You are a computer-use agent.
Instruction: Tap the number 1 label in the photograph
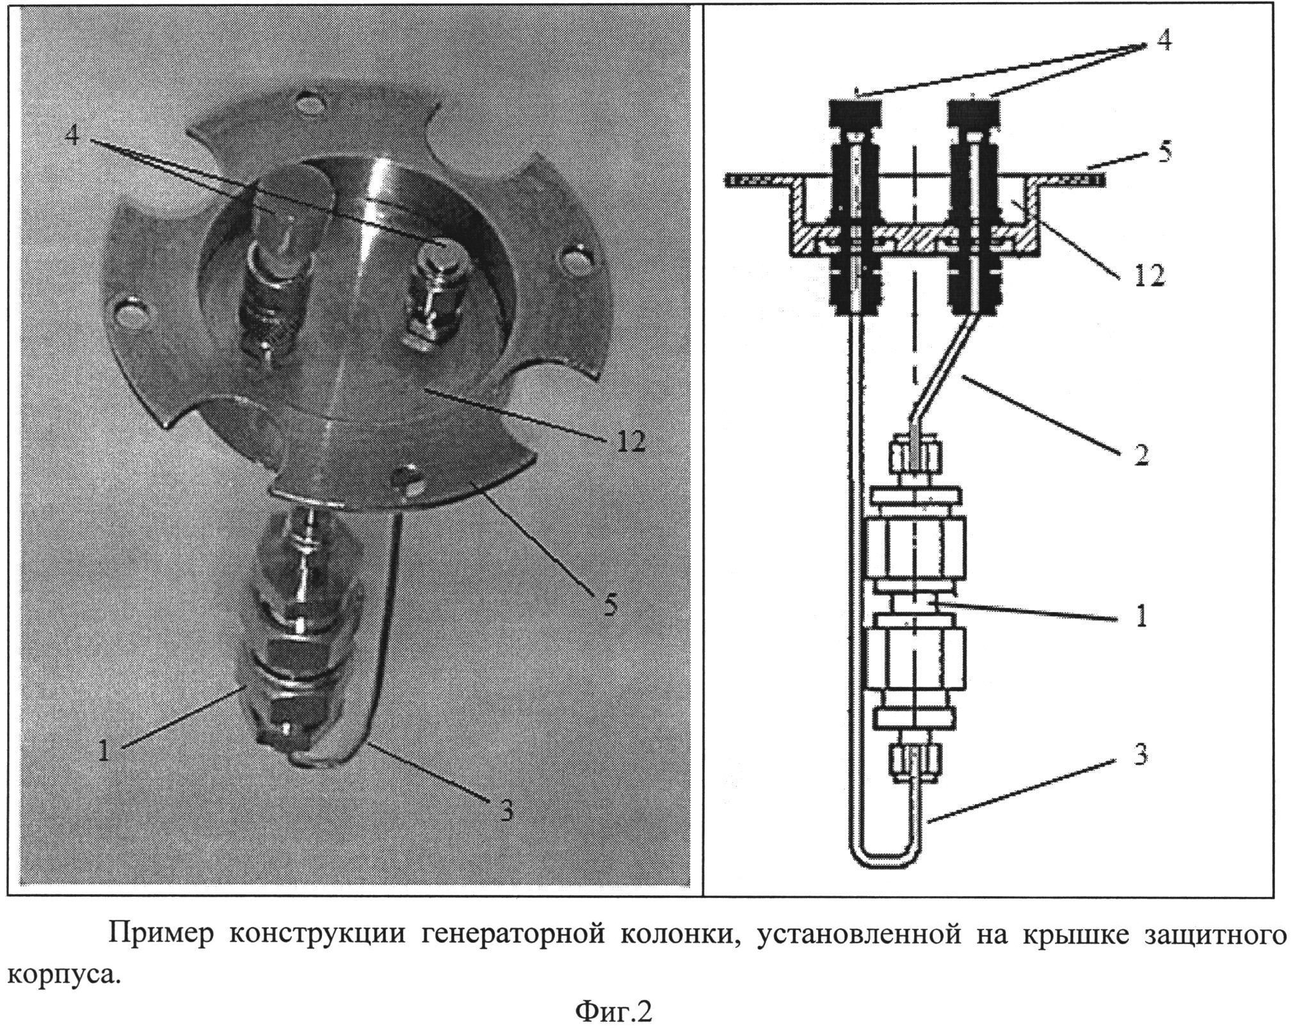click(104, 750)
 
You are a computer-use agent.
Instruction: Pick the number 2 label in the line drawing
click(1141, 454)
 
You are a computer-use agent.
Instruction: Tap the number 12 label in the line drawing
click(1149, 276)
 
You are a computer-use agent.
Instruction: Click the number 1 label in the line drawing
click(1141, 616)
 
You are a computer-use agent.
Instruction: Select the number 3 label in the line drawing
click(1140, 755)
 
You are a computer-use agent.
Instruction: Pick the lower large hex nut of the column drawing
click(915, 668)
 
